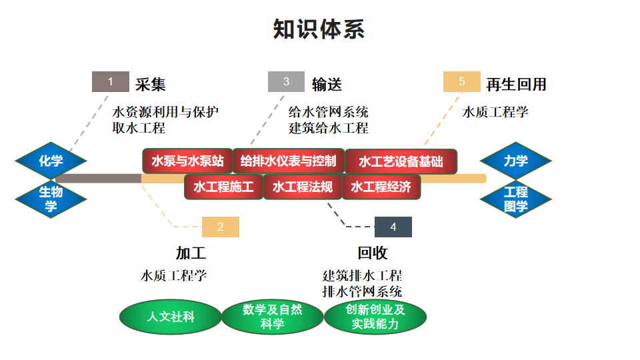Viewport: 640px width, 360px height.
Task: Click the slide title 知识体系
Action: point(319,29)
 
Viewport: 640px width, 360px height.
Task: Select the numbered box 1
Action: point(111,82)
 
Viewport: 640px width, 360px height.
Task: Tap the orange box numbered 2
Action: point(220,227)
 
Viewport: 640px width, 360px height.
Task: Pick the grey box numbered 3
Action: point(286,82)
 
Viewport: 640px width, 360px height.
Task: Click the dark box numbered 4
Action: point(393,227)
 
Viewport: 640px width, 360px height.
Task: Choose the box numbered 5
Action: point(461,82)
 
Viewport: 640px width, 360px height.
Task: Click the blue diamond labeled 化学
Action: point(51,161)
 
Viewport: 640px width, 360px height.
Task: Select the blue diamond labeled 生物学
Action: point(51,199)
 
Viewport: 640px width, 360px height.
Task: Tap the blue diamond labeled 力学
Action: point(515,161)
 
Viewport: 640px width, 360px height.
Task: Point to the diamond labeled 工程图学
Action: point(515,199)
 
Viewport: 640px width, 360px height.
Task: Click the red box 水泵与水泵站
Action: point(187,161)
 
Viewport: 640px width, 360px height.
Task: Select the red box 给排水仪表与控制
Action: point(288,161)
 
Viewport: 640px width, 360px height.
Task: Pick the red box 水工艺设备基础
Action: point(401,161)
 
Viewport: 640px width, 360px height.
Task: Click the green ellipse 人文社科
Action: point(171,317)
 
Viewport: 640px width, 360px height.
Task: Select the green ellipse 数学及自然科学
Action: point(272,317)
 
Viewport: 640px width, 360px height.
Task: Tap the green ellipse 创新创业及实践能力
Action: point(375,317)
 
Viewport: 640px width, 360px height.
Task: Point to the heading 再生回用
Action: point(516,84)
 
